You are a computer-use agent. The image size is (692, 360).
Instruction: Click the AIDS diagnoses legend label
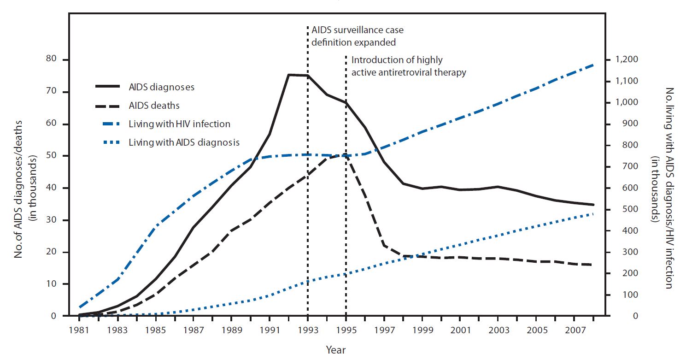coord(161,87)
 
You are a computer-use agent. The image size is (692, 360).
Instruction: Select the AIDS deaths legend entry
coord(154,106)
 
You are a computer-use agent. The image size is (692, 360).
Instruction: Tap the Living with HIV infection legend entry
coord(179,124)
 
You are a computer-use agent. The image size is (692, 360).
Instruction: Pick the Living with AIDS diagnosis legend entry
coord(184,142)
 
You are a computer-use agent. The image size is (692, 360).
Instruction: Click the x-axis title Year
coord(335,349)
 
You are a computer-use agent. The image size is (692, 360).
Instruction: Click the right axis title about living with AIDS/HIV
coord(664,188)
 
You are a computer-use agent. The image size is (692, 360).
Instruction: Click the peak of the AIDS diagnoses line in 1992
coord(288,74)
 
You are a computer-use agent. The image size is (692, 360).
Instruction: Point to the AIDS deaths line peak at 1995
coord(346,155)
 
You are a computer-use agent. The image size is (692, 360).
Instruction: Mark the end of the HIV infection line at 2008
coord(593,65)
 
